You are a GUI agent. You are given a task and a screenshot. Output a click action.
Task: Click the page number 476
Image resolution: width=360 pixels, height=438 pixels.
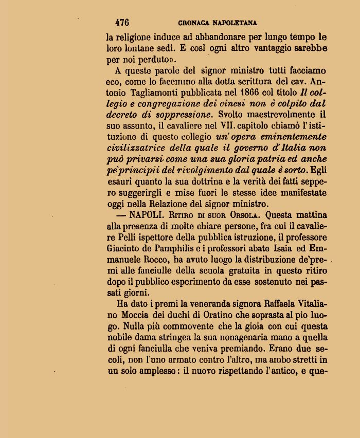(122, 23)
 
